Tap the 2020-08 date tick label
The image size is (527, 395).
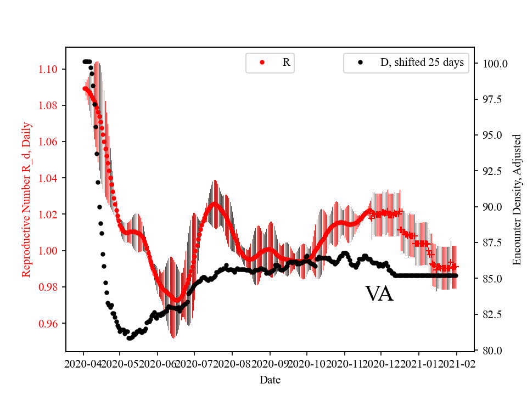click(232, 363)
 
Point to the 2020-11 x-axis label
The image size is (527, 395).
click(345, 363)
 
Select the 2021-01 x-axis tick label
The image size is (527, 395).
click(419, 363)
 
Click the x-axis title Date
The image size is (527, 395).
click(270, 379)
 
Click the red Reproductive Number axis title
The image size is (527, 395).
click(26, 200)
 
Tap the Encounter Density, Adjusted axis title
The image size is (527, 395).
click(517, 200)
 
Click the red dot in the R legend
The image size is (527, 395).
click(262, 63)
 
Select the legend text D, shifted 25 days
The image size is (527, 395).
click(422, 63)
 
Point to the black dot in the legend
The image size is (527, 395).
click(360, 63)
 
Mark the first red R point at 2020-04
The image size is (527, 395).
click(85, 88)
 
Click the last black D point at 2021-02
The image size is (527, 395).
click(456, 275)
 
